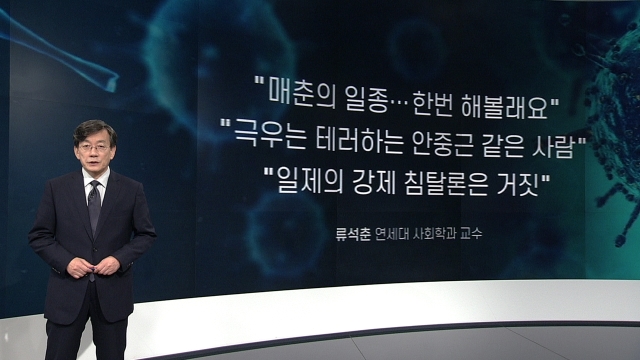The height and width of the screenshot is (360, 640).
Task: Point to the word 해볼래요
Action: (504, 105)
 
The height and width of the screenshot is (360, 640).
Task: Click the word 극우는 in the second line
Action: (270, 135)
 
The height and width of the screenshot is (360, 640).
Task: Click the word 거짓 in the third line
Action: (518, 183)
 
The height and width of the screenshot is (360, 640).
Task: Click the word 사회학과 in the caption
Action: (434, 234)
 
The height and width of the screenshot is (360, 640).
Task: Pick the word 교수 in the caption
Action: (471, 234)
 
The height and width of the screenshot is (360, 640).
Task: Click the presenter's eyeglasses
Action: (94, 148)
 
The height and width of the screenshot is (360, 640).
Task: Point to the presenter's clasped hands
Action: (93, 266)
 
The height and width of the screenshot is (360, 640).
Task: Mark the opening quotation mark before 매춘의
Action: (260, 80)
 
